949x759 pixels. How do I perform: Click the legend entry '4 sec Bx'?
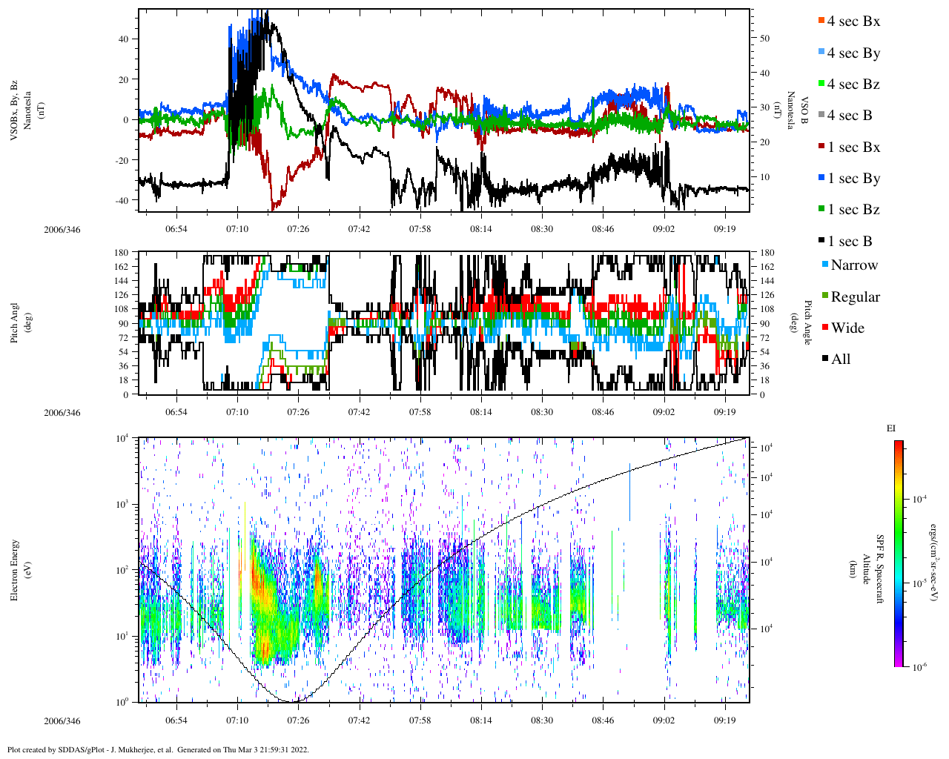(x=853, y=21)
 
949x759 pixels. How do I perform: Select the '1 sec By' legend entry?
(x=853, y=179)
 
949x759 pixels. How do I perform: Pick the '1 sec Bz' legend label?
(x=853, y=210)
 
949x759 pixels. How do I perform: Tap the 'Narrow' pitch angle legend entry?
(x=853, y=265)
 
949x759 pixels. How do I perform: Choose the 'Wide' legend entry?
(x=847, y=328)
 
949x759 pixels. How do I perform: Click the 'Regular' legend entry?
(x=855, y=297)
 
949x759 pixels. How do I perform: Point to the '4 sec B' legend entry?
(x=849, y=116)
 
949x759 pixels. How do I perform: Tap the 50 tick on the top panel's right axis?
(x=764, y=39)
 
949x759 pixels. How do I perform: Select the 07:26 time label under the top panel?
(x=298, y=230)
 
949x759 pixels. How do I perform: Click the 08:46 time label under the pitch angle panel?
(x=603, y=413)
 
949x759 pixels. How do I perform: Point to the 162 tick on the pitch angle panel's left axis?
(x=122, y=267)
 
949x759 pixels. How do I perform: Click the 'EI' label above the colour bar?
(x=891, y=428)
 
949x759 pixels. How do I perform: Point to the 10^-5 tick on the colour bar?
(x=922, y=583)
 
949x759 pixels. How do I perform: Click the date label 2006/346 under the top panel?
(x=62, y=230)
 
